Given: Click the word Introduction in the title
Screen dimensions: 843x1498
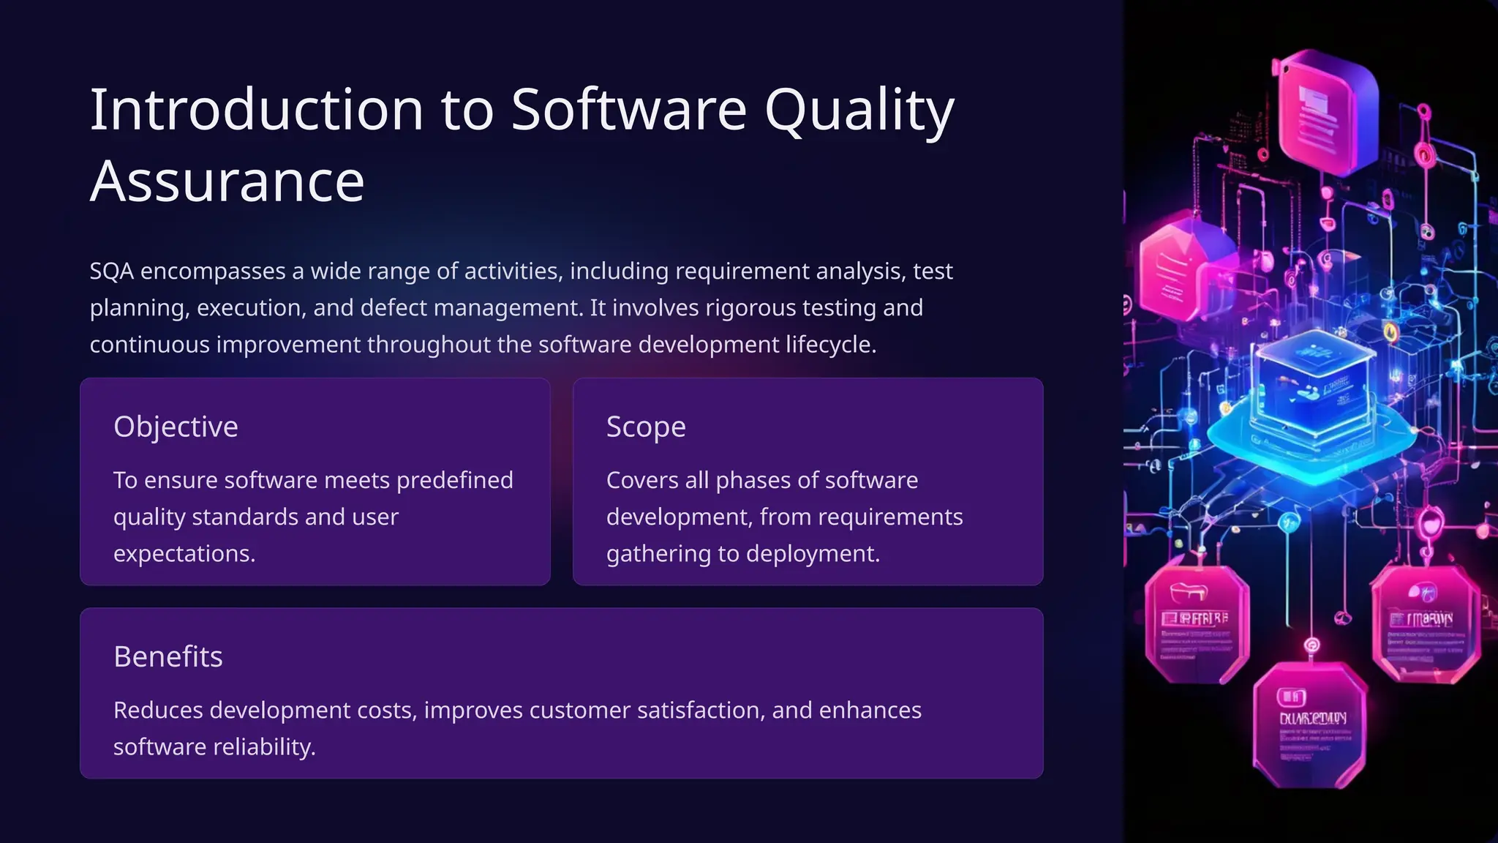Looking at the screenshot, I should click(x=256, y=110).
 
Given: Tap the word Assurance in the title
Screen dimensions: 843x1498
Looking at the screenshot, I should click(x=227, y=181).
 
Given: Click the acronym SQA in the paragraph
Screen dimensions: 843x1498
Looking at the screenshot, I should click(x=111, y=271).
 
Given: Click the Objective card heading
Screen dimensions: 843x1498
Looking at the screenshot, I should click(x=176, y=427).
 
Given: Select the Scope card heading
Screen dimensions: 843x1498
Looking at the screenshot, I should click(x=646, y=427).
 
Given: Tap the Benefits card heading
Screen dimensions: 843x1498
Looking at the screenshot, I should click(x=168, y=656).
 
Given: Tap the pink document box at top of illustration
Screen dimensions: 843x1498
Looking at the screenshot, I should click(x=1325, y=113).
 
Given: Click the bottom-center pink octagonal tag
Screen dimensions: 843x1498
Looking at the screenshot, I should click(x=1309, y=724).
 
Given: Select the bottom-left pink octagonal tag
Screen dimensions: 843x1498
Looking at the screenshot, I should click(x=1195, y=626).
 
